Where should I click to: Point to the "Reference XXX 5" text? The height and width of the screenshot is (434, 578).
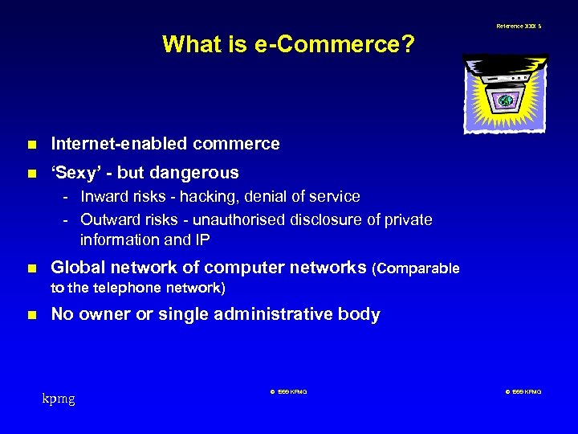519,26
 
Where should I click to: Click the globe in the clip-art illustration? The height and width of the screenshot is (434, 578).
506,100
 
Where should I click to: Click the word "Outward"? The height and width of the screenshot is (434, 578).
109,219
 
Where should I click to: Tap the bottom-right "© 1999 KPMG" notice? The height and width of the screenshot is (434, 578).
523,391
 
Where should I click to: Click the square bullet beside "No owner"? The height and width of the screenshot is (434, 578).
31,315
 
